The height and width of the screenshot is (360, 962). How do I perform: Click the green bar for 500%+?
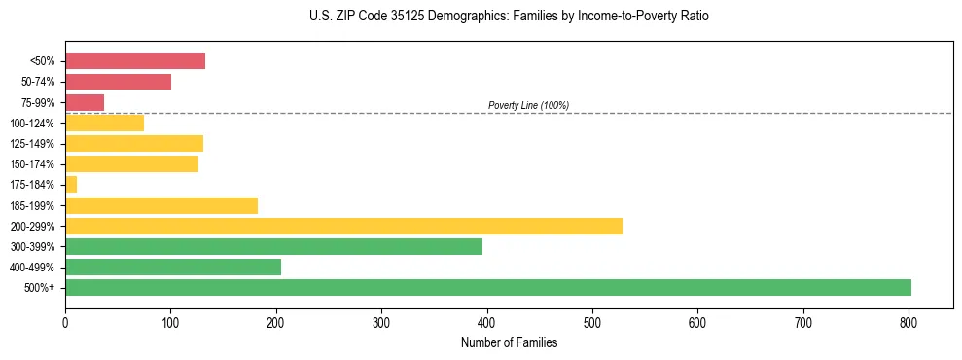[x=487, y=287]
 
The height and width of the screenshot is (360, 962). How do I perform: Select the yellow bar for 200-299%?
[x=343, y=226]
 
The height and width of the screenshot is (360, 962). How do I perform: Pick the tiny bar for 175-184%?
[x=71, y=185]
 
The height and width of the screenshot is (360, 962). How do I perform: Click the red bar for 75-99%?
[x=85, y=102]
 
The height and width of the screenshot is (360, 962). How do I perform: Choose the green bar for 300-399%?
[x=273, y=246]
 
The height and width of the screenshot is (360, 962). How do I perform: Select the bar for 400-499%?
[x=173, y=267]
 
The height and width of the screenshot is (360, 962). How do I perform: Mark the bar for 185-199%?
[x=161, y=205]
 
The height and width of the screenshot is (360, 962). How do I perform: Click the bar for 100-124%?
[x=104, y=123]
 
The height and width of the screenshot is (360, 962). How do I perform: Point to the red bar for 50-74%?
[x=118, y=82]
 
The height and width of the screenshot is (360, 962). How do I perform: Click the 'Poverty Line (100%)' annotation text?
[x=528, y=105]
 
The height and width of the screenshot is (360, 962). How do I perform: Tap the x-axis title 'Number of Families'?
[x=509, y=342]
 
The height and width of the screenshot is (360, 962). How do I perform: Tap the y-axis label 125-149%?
[x=36, y=144]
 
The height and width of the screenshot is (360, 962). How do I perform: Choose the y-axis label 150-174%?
[x=36, y=164]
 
